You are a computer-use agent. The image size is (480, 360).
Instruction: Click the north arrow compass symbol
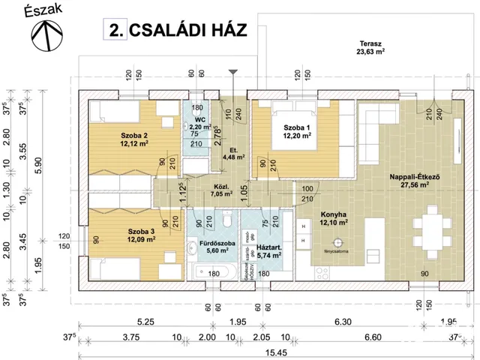click(x=46, y=36)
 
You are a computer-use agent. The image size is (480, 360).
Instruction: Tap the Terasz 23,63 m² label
click(x=370, y=48)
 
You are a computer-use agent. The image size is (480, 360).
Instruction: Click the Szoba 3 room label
click(x=119, y=235)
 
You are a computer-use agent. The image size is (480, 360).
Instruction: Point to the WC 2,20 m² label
click(x=199, y=124)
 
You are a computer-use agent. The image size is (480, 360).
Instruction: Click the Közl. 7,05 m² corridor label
click(x=201, y=189)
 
